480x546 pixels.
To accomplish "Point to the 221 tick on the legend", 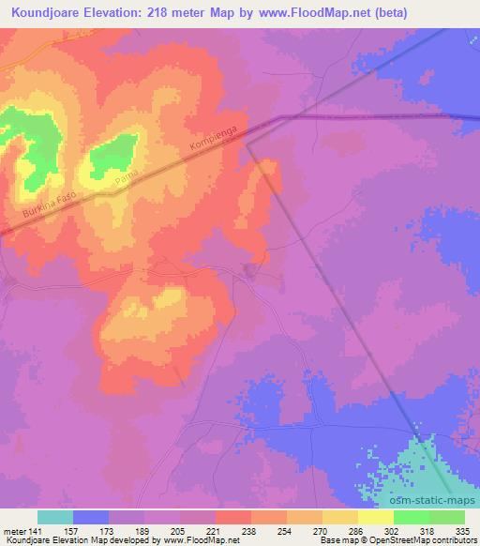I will [x=215, y=531].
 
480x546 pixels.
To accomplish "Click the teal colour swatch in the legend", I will [x=55, y=517].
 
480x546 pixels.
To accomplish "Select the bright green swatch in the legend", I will [x=412, y=517].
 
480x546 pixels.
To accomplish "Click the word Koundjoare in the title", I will [x=41, y=12].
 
